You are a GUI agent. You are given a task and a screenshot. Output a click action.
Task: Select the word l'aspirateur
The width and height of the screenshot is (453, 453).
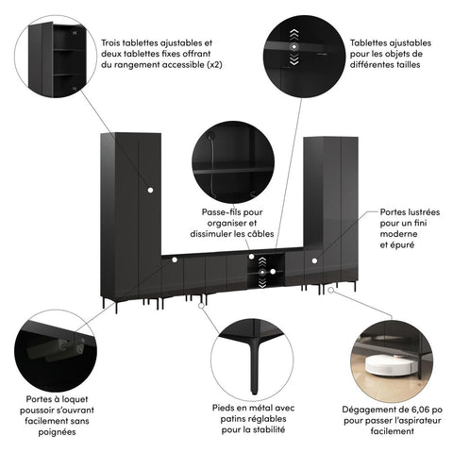(x=408, y=423)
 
